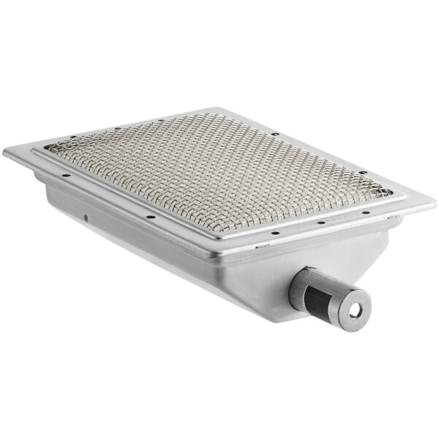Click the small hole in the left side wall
(x=86, y=217)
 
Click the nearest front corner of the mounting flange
(x=217, y=261)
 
